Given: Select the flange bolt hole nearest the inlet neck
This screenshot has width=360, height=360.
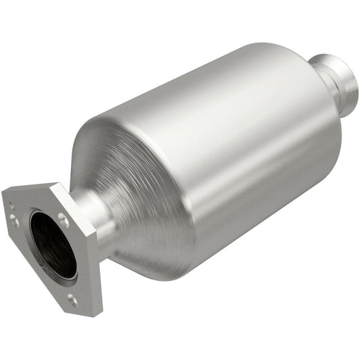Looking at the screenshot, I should pyautogui.click(x=63, y=220).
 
